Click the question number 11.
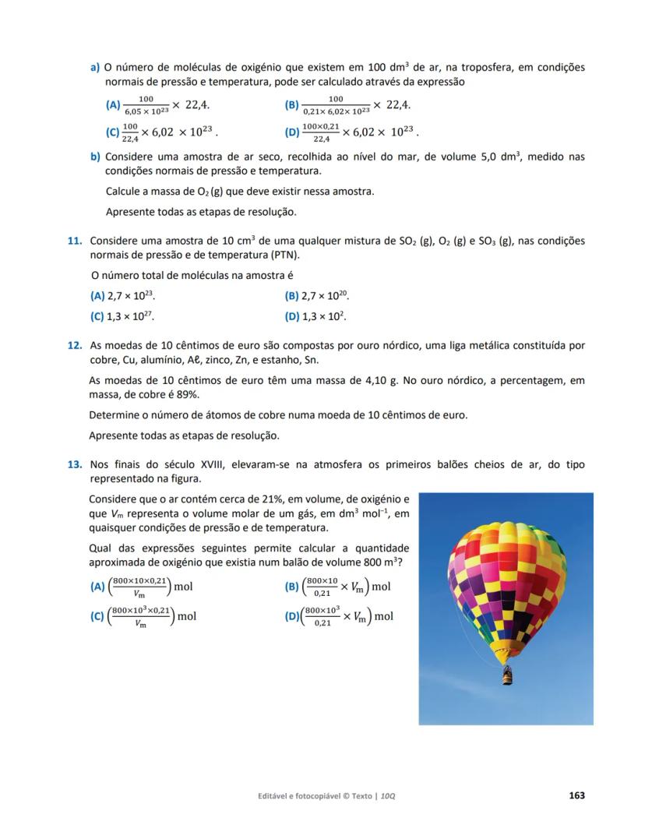click(x=75, y=241)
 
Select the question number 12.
click(x=75, y=345)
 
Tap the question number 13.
click(x=75, y=464)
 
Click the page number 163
click(x=576, y=795)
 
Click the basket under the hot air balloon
click(x=508, y=675)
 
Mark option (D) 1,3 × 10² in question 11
click(x=315, y=316)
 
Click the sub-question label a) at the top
click(x=95, y=68)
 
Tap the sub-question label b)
click(x=95, y=157)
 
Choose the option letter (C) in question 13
click(x=97, y=616)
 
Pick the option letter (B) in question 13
click(x=292, y=587)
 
